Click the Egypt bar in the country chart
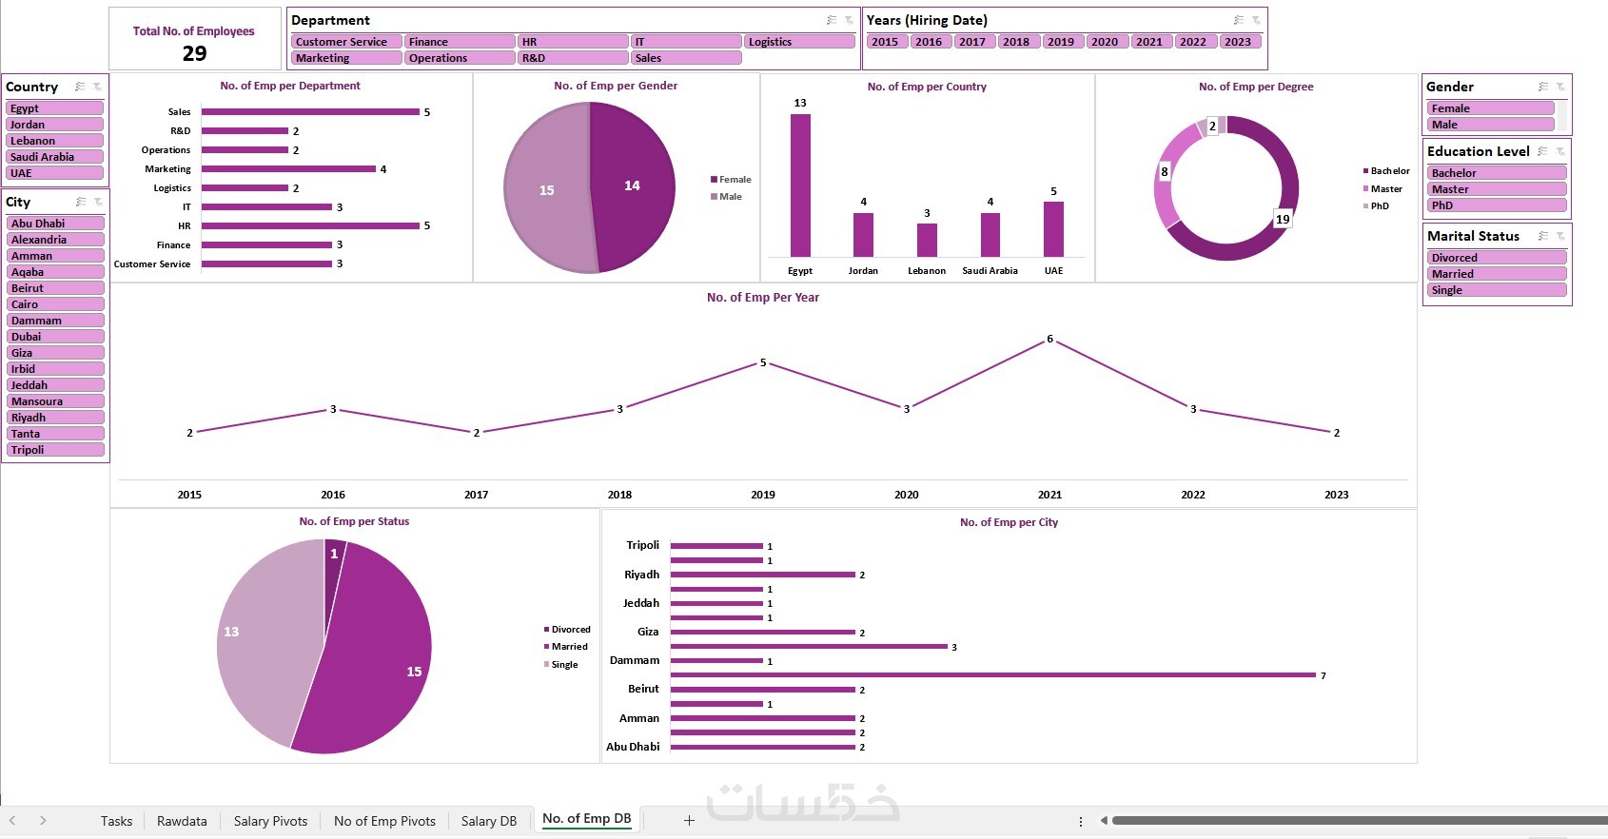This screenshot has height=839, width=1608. point(800,185)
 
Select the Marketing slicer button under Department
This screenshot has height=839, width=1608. point(345,58)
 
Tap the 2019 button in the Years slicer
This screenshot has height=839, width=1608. point(1060,42)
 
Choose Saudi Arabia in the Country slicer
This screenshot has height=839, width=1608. point(54,157)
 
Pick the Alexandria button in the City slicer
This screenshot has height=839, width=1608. point(55,240)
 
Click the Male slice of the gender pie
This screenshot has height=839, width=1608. point(545,190)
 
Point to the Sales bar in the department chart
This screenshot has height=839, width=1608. point(310,112)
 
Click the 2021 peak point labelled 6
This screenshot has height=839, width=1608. point(1049,340)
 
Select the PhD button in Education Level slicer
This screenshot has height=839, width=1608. point(1496,205)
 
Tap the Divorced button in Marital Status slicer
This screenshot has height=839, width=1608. point(1496,258)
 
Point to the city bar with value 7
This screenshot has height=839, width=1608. point(992,675)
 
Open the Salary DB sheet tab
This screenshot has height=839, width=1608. point(488,821)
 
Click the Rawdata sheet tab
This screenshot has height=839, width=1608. point(182,821)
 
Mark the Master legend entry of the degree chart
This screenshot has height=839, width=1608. point(1385,189)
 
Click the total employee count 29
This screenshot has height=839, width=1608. point(194,53)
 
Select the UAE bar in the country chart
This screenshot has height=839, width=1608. point(1053,229)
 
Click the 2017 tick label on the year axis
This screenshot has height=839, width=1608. point(476,495)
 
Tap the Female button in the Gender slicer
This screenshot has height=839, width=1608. point(1490,108)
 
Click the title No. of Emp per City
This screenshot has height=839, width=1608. point(1009,522)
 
